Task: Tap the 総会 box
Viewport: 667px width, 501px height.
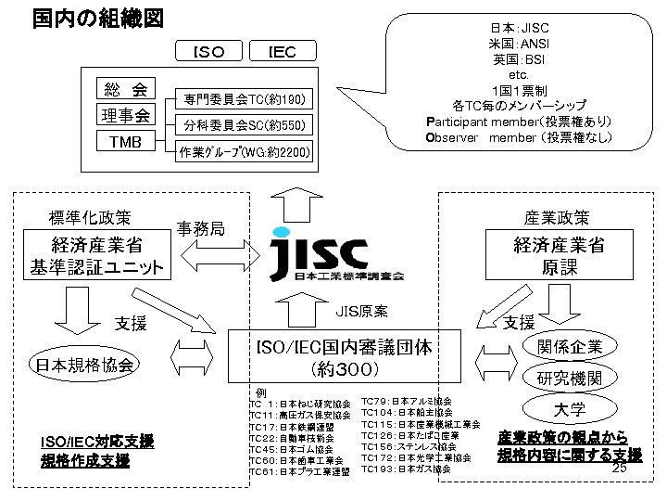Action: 126,90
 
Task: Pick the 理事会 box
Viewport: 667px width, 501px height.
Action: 126,116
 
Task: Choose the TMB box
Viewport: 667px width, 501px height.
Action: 126,142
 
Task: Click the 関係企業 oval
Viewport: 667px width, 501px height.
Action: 570,347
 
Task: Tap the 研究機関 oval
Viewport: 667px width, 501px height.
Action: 570,379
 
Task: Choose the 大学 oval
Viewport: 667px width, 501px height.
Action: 570,409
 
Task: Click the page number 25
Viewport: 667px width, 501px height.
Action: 621,469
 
